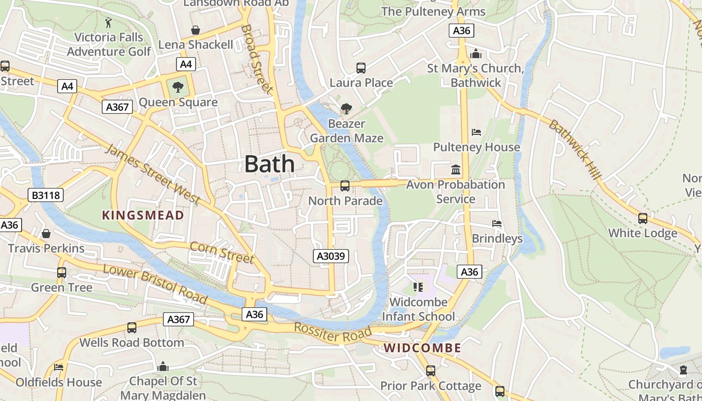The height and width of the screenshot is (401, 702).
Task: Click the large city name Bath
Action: pos(270,164)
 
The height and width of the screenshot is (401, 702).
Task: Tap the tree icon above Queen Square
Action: pos(178,88)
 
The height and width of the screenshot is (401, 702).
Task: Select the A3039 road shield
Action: pos(331,256)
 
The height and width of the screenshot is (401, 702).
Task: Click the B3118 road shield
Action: pos(46,195)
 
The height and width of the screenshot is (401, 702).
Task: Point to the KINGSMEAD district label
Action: pos(143,216)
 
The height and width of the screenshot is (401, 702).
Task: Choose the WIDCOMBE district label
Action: pos(423,348)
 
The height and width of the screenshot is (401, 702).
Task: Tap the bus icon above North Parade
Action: pos(345,186)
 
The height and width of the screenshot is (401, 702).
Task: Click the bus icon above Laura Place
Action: pos(361,68)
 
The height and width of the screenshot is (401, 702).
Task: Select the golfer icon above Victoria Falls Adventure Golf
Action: pos(109,23)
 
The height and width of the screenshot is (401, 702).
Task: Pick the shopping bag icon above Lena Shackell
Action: pos(196,31)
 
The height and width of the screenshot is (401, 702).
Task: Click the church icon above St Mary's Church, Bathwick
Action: pos(476,54)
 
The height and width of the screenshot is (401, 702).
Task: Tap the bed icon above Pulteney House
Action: pos(476,132)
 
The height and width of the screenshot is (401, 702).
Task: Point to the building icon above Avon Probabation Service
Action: pos(456,170)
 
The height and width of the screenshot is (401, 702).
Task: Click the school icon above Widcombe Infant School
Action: pos(418,287)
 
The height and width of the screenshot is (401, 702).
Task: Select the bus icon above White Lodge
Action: pos(642,219)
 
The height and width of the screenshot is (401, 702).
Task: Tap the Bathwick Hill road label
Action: pos(575,149)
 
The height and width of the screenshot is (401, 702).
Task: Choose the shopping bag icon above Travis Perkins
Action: pos(46,234)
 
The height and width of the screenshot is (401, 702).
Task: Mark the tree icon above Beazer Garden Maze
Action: pos(346,108)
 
